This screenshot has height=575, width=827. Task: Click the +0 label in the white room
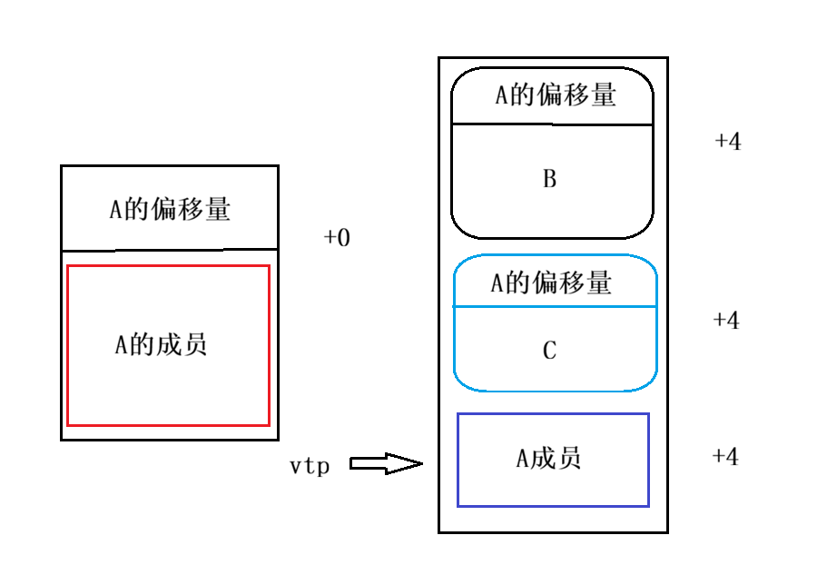pos(337,238)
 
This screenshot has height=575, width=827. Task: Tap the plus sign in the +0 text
pos(329,238)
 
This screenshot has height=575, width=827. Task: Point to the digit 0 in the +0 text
pos(343,238)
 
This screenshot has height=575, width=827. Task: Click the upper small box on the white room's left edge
pos(261,207)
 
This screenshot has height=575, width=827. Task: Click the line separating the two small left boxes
pos(261,249)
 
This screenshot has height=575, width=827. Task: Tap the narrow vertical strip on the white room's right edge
pos(442,200)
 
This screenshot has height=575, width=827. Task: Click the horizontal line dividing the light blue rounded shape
pos(555,307)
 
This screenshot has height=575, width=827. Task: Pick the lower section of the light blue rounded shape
pos(555,349)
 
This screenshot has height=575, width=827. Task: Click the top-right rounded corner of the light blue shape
pos(646,263)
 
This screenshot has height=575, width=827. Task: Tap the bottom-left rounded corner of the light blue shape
pos(463,382)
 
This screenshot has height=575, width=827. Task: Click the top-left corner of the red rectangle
pos(68,266)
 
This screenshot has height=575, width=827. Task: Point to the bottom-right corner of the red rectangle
pos(269,424)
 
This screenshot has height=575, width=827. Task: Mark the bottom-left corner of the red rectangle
pos(68,424)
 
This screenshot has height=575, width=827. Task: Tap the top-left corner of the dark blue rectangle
pos(458,414)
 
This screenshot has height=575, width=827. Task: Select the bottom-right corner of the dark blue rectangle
pos(648,505)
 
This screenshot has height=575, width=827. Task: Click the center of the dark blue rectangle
pos(553,460)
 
